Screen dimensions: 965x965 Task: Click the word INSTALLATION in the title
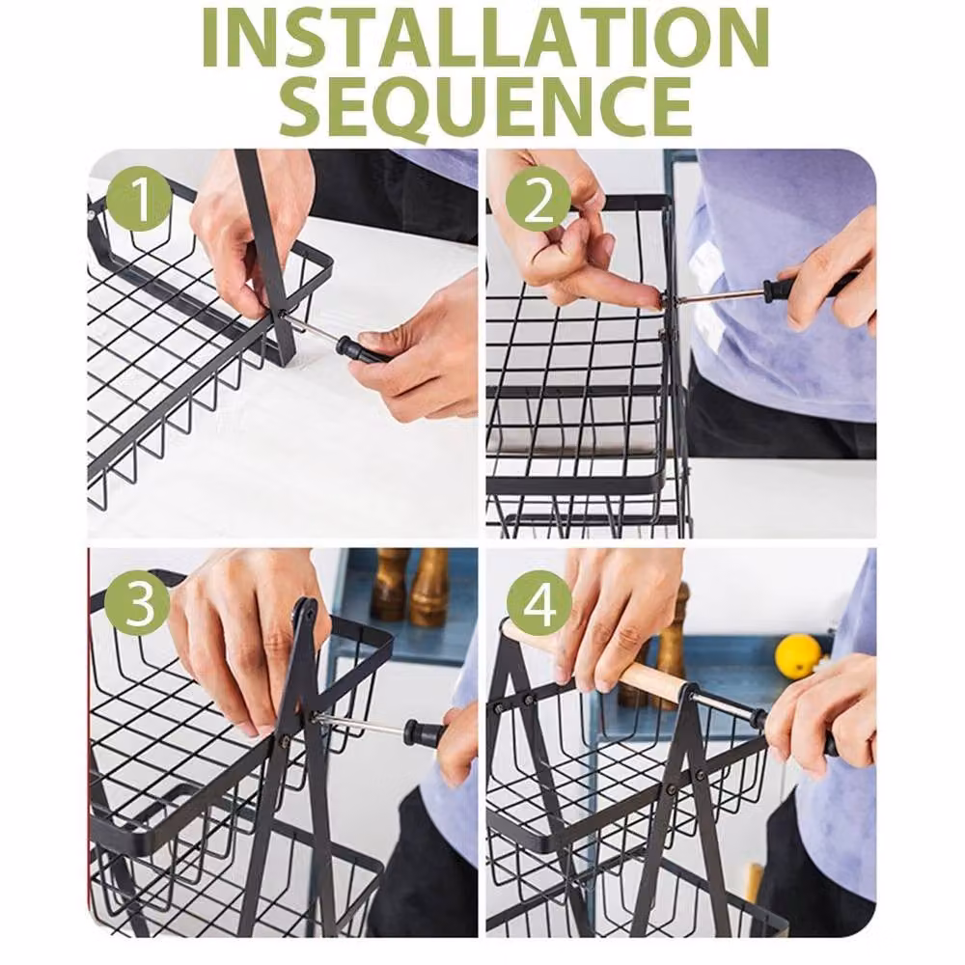[x=485, y=39]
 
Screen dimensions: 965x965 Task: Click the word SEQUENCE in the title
[x=485, y=106]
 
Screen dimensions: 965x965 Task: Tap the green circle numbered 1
[x=138, y=200]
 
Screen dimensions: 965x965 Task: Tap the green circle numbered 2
[x=538, y=200]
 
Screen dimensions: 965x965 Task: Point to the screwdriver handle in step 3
[x=425, y=732]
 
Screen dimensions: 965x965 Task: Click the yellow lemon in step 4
[x=798, y=656]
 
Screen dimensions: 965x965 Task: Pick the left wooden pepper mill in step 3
[x=390, y=584]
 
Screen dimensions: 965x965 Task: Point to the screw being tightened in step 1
[x=283, y=315]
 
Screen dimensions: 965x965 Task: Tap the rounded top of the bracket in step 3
[x=306, y=609]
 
